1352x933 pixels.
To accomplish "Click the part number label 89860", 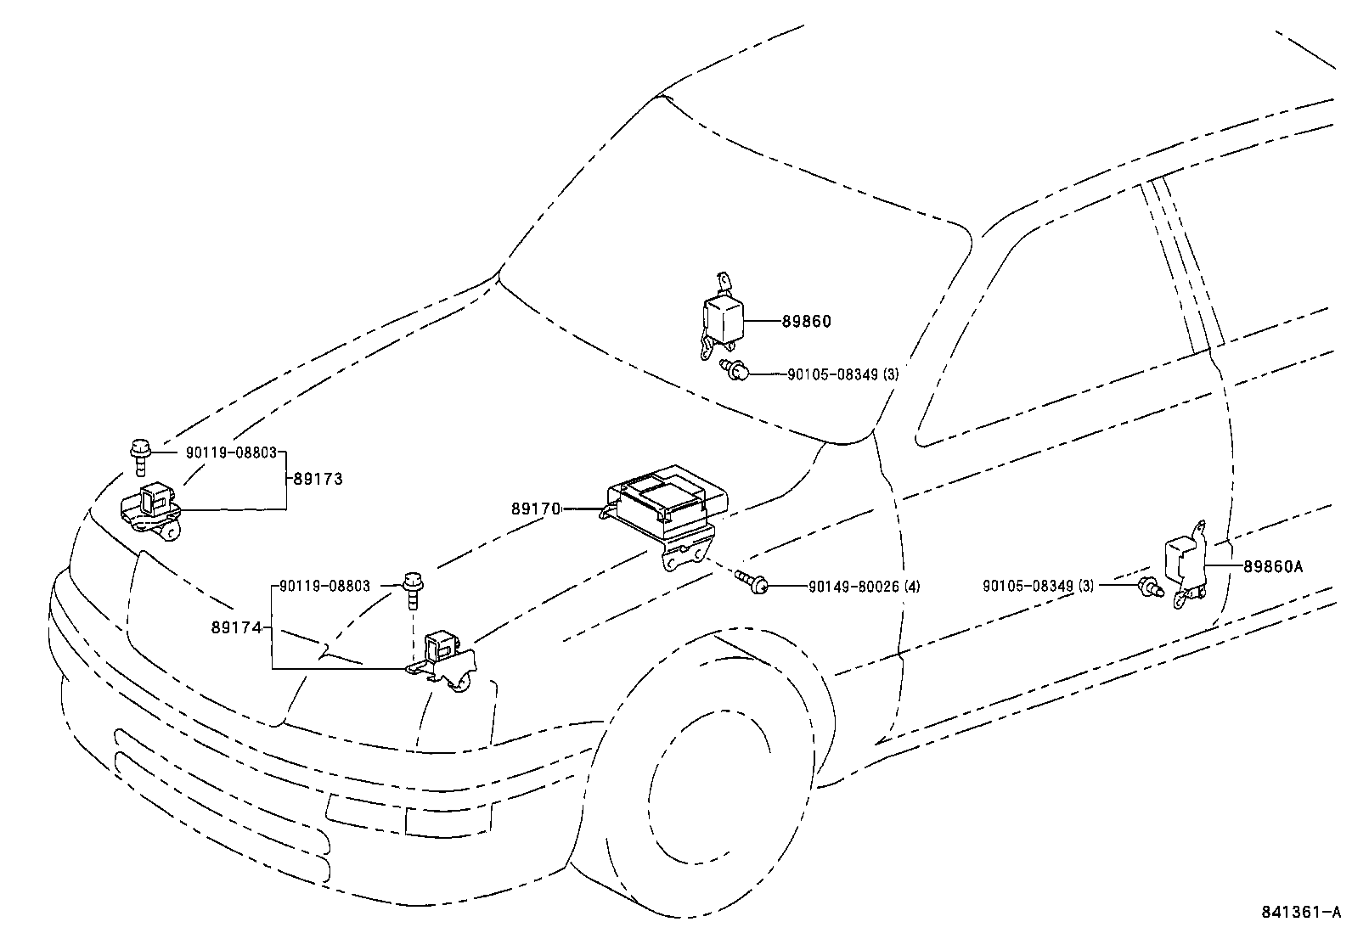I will pyautogui.click(x=806, y=322).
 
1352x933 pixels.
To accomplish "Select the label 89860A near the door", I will pyautogui.click(x=1272, y=566).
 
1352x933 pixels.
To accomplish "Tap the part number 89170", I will pyautogui.click(x=536, y=509).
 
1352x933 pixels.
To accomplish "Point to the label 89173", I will pyautogui.click(x=318, y=479).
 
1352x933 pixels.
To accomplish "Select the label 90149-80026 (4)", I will pyautogui.click(x=864, y=586).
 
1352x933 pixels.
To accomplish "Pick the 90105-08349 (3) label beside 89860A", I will pyautogui.click(x=1038, y=586).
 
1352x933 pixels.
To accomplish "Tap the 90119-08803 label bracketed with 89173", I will pyautogui.click(x=231, y=453).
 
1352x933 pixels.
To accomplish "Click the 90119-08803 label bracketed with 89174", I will pyautogui.click(x=324, y=586).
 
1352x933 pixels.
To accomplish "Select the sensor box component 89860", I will pyautogui.click(x=722, y=318).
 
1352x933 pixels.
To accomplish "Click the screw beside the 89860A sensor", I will pyautogui.click(x=1150, y=585).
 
